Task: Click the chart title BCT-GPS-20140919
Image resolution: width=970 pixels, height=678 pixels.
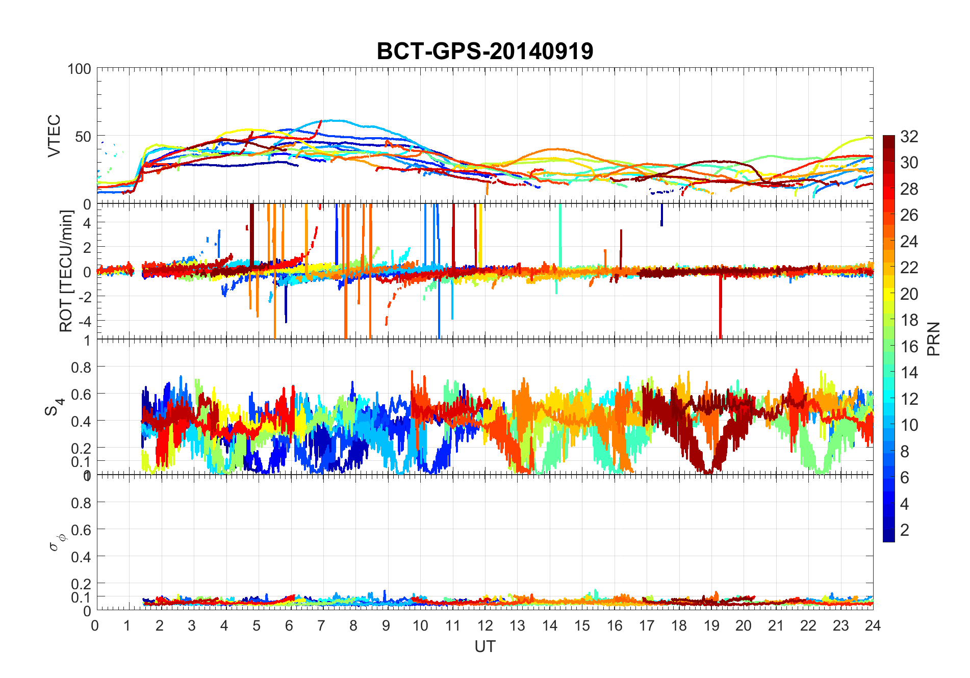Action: (x=484, y=51)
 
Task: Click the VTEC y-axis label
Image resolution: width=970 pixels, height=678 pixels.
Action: (x=54, y=136)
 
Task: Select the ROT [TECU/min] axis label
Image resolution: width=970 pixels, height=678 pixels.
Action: (x=66, y=271)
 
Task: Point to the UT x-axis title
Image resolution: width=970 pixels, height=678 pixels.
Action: (x=484, y=647)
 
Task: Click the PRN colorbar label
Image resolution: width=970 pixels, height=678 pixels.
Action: (x=933, y=339)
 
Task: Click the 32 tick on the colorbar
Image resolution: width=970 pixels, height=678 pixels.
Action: (x=909, y=137)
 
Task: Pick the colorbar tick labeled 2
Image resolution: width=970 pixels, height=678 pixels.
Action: (x=905, y=530)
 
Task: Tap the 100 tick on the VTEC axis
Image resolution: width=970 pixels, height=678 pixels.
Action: (x=79, y=69)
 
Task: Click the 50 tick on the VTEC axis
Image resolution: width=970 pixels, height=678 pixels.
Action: (x=83, y=137)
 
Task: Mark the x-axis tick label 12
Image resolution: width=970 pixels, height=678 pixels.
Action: (x=484, y=625)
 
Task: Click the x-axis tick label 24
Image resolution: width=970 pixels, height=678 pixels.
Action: (x=873, y=625)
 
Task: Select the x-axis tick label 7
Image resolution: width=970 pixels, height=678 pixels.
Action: (x=321, y=625)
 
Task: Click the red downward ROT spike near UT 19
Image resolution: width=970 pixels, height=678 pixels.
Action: (x=720, y=311)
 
